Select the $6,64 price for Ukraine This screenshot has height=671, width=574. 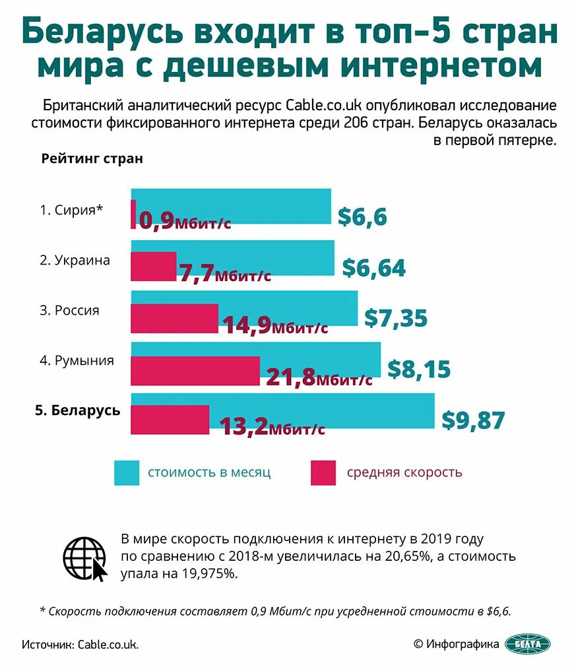point(373,268)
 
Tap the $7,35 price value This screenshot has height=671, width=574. point(396,318)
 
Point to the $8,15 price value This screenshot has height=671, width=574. point(418,369)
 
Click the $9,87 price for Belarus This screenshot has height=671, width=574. point(473,420)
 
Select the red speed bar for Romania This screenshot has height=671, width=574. point(195,371)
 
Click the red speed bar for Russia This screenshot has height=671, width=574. point(174,319)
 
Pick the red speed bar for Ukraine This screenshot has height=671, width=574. point(154,267)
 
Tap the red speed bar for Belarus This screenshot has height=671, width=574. point(170,419)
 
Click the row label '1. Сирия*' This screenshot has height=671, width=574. point(71,210)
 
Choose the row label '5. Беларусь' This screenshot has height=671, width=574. point(77,410)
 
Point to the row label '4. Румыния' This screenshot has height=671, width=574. point(77,361)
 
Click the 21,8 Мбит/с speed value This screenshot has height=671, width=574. point(319,377)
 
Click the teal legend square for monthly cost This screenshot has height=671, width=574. point(127,472)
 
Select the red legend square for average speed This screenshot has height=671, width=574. point(324,472)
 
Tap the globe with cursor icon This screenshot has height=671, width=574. point(86,558)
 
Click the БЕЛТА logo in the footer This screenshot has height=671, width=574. point(527,644)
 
